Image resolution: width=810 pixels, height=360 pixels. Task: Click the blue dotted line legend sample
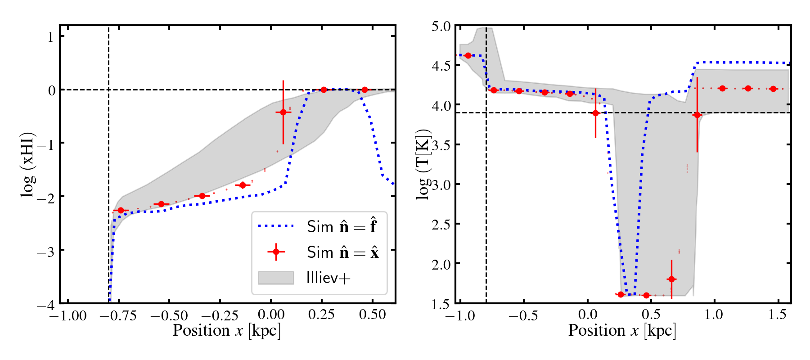pos(276,226)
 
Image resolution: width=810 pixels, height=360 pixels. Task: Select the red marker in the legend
pos(276,252)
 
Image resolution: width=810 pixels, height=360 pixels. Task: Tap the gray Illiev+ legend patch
pos(276,278)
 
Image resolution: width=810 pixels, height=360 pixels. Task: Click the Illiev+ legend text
pos(328,278)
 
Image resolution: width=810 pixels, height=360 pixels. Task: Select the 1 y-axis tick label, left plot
pos(50,37)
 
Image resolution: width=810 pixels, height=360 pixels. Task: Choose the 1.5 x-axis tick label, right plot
pos(777,315)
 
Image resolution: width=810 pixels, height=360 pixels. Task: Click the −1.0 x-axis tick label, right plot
pos(460,315)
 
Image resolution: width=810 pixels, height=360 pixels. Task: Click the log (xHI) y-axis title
pos(28,165)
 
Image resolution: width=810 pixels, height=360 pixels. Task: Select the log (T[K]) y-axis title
pos(423,165)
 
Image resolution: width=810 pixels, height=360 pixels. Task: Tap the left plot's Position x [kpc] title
pos(227,331)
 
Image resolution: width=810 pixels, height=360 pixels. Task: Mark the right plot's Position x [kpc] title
pos(622,331)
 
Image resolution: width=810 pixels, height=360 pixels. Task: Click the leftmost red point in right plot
pos(468,56)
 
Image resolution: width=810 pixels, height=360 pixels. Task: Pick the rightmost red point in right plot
pos(773,89)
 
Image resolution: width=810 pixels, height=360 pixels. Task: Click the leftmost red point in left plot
pos(121,210)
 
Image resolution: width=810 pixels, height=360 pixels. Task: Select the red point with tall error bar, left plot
pos(283,112)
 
